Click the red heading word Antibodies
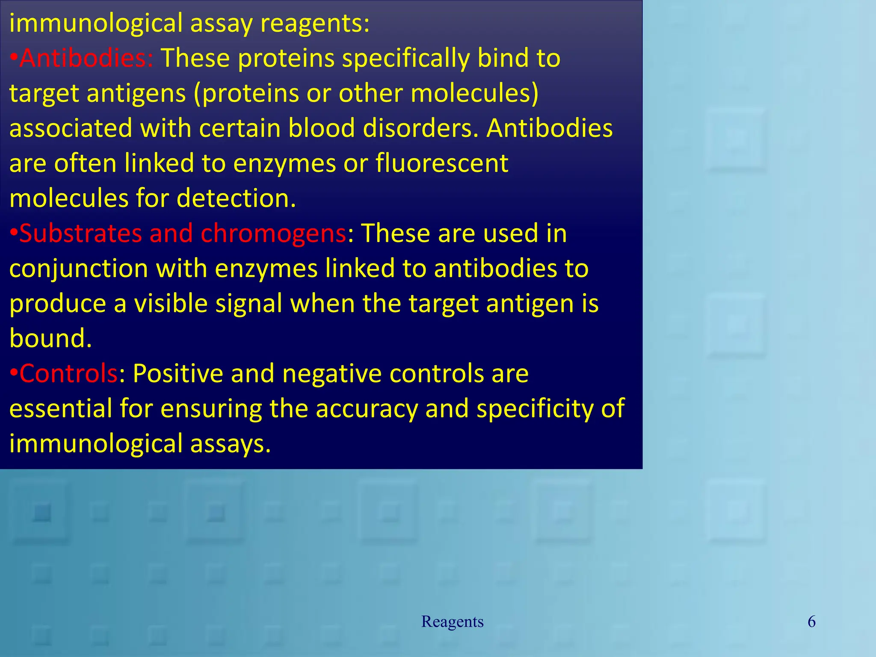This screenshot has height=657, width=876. coord(86,58)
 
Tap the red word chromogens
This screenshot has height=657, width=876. coord(273,234)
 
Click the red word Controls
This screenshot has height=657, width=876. coord(68,373)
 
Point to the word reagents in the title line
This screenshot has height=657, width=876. coord(314,23)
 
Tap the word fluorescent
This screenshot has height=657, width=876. coord(442,163)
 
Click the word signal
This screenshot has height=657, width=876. coord(249,304)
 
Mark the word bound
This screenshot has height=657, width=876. coord(50,338)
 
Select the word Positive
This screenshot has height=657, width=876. coord(178,373)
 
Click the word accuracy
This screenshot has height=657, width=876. coord(367,408)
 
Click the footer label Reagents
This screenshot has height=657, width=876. coord(452,621)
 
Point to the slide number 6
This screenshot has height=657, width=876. coord(811,621)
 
